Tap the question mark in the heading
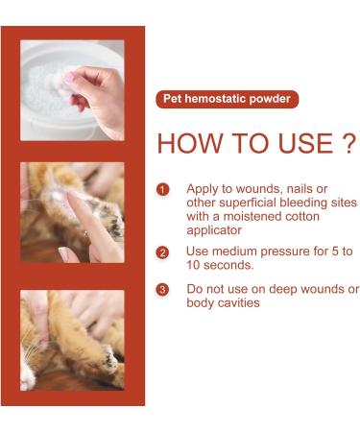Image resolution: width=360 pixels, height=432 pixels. point(348,145)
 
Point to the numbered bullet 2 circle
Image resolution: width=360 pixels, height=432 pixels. point(163,252)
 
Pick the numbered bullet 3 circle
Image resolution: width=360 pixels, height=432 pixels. point(163,289)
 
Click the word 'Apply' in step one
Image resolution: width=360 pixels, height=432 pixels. point(204,189)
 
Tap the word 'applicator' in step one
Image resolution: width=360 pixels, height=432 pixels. point(215,229)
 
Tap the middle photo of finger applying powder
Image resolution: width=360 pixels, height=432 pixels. point(72,212)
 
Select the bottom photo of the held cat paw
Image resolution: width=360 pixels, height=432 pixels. point(72,340)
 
